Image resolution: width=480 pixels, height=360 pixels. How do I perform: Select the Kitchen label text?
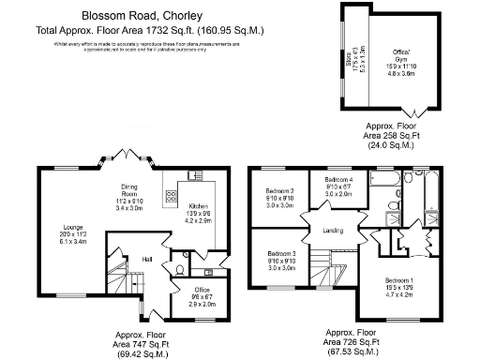[x=199, y=206]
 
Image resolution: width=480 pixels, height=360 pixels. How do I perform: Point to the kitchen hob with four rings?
[x=172, y=197]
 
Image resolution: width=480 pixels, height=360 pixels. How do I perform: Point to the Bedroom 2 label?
[x=279, y=191]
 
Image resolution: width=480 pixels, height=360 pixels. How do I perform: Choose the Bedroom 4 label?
[x=338, y=179]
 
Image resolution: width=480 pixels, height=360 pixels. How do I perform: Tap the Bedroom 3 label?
[x=281, y=254]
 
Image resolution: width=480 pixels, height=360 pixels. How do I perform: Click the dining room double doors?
[x=131, y=157]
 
